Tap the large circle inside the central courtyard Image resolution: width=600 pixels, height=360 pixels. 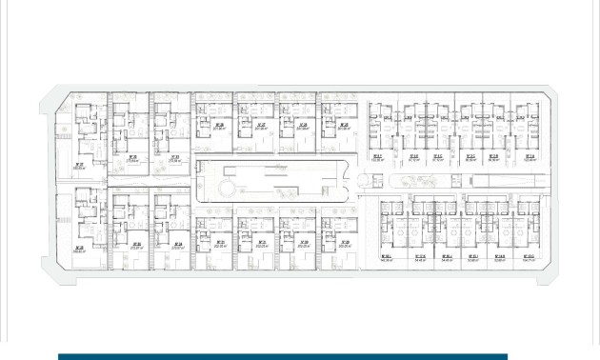[x=227, y=190]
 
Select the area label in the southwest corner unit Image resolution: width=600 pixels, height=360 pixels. [x=78, y=250]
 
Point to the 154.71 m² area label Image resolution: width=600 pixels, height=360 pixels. [x=530, y=257]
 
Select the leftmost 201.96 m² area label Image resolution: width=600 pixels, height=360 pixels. [x=219, y=127]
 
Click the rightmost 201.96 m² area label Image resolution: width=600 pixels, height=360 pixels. [x=343, y=127]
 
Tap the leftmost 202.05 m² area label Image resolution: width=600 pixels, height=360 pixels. [x=220, y=244]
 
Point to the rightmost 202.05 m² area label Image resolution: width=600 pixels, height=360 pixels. [x=344, y=244]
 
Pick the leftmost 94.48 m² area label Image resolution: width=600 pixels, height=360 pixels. [x=420, y=257]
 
